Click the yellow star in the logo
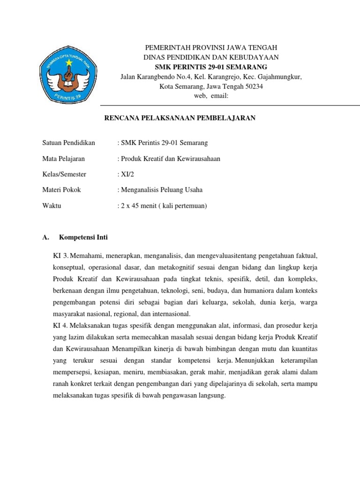(x=69, y=62)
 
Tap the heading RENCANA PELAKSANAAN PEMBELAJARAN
(x=180, y=118)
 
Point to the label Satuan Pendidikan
(x=68, y=142)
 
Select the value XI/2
(x=125, y=174)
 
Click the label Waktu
(x=52, y=206)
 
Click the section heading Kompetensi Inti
(x=86, y=238)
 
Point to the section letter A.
(x=45, y=238)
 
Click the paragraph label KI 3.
(x=61, y=255)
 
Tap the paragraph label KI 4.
(x=61, y=325)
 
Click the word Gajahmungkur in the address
(x=280, y=77)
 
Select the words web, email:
(x=211, y=96)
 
